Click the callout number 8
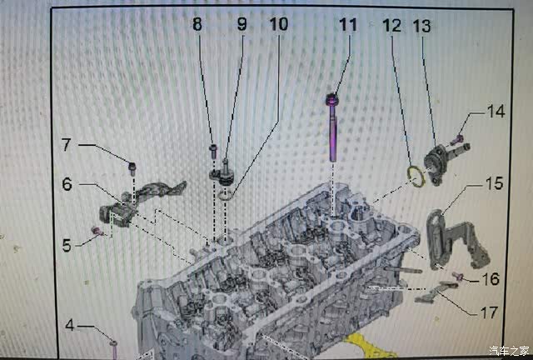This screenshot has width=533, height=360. (x=197, y=24)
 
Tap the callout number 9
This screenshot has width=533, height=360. (x=242, y=24)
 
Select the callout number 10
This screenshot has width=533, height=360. (x=279, y=24)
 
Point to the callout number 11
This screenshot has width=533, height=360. (x=348, y=25)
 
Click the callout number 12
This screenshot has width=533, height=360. (x=391, y=26)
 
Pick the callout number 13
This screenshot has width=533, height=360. (x=422, y=26)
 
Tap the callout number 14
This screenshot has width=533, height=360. (x=496, y=112)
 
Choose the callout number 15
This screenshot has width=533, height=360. (x=494, y=183)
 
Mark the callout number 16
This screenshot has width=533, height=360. (x=491, y=279)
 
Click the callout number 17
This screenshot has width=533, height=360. (x=489, y=312)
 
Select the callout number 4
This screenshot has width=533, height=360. (x=70, y=325)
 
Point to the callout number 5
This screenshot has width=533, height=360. (x=67, y=245)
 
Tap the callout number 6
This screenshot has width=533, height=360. (x=67, y=184)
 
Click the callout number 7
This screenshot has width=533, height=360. (x=66, y=145)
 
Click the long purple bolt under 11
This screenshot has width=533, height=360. (x=332, y=127)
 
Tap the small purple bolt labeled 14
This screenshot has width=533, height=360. (x=458, y=139)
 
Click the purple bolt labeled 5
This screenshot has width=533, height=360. (x=97, y=231)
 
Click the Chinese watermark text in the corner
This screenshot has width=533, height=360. (x=509, y=350)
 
